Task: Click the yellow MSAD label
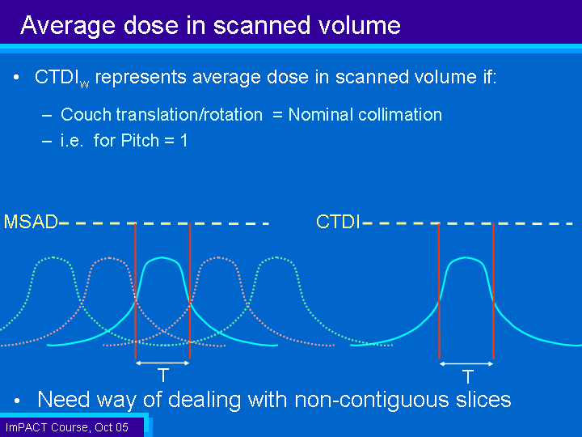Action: [31, 222]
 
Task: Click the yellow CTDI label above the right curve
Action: [338, 222]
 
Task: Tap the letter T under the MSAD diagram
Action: [163, 375]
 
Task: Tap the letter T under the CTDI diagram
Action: [468, 376]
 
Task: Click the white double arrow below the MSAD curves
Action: [162, 363]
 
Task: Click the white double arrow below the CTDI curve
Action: [466, 364]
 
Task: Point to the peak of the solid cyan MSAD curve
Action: [162, 257]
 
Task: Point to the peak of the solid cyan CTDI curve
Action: [466, 257]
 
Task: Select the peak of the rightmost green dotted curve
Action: [276, 257]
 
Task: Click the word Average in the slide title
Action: [68, 25]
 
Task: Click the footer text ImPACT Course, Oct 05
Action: [67, 427]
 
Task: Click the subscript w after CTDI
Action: [84, 84]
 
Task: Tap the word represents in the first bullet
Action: [141, 78]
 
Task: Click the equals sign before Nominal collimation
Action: [277, 114]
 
